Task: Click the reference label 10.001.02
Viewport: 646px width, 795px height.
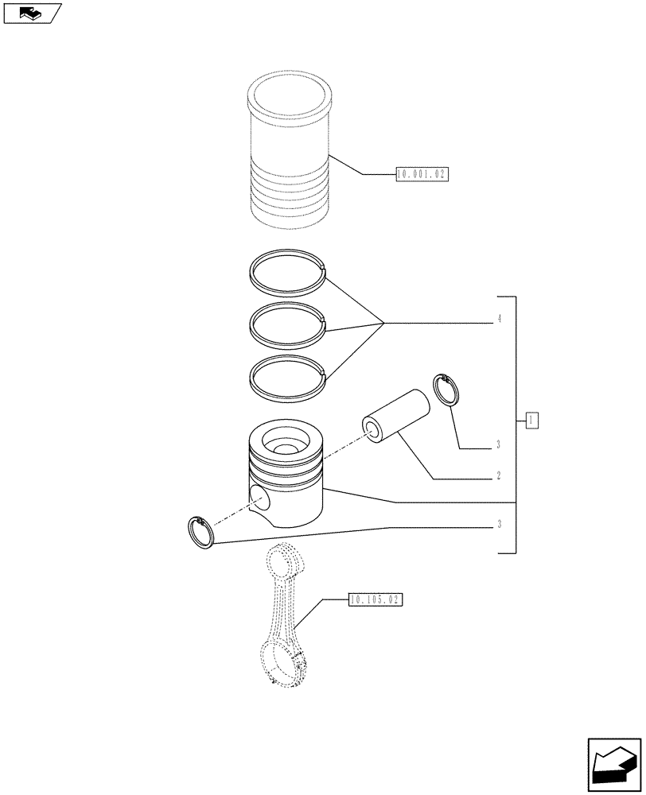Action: pos(422,174)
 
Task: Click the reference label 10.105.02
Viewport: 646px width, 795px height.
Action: pos(376,600)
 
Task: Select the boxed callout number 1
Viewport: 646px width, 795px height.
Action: pos(532,420)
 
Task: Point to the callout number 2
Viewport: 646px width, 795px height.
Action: pos(498,476)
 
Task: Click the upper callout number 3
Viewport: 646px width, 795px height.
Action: pos(498,444)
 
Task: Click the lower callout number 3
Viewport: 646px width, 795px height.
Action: pos(498,524)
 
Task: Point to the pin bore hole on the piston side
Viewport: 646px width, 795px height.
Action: pos(259,498)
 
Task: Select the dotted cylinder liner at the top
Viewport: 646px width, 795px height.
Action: pos(288,151)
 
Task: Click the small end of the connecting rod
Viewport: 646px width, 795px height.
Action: pos(284,563)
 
